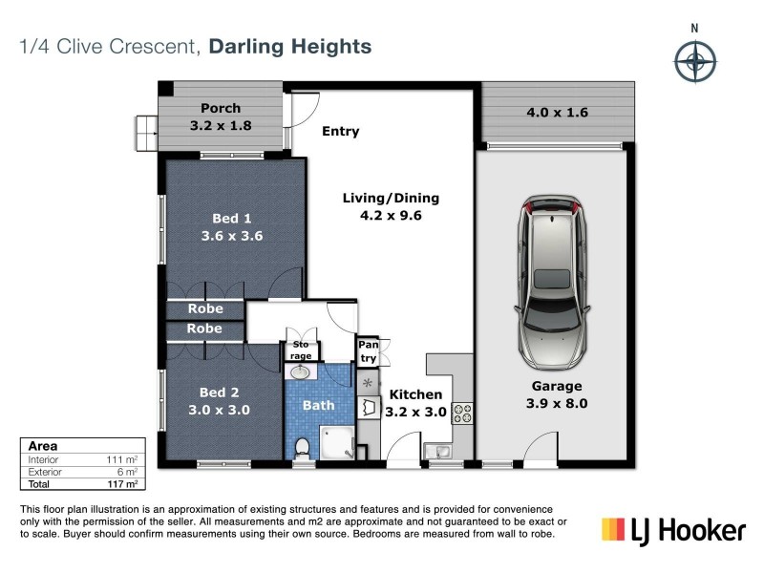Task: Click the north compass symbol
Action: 695,62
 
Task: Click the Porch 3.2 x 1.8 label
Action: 221,117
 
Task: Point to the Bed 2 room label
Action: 219,401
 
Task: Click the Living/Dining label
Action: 391,206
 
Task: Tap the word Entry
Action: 340,131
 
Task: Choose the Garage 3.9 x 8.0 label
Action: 557,394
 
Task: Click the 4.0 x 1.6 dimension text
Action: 557,113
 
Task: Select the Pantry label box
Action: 368,350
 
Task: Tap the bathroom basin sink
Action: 301,372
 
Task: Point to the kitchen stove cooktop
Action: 462,414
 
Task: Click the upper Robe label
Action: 204,308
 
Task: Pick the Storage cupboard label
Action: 302,349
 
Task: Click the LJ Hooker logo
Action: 672,528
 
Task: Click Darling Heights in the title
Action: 290,46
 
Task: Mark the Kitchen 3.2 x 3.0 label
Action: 414,403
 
